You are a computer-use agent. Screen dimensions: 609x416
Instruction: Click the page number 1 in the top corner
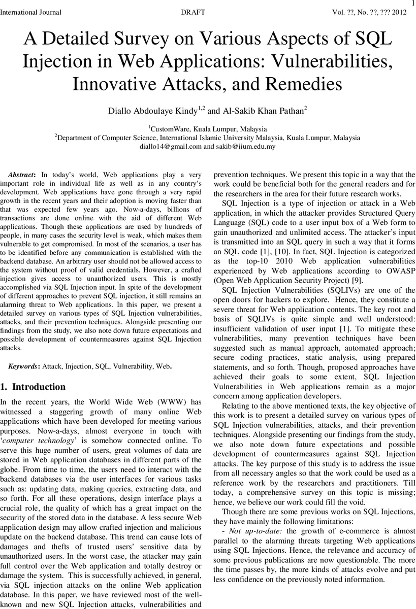point(412,4)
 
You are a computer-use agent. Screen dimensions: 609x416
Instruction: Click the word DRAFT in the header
point(193,12)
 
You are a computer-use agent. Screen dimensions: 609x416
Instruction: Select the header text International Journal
point(31,12)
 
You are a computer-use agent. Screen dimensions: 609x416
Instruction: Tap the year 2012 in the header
point(398,12)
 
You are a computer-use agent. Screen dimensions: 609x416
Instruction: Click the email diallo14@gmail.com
point(171,146)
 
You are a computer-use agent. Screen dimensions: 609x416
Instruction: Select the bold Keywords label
point(25,365)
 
